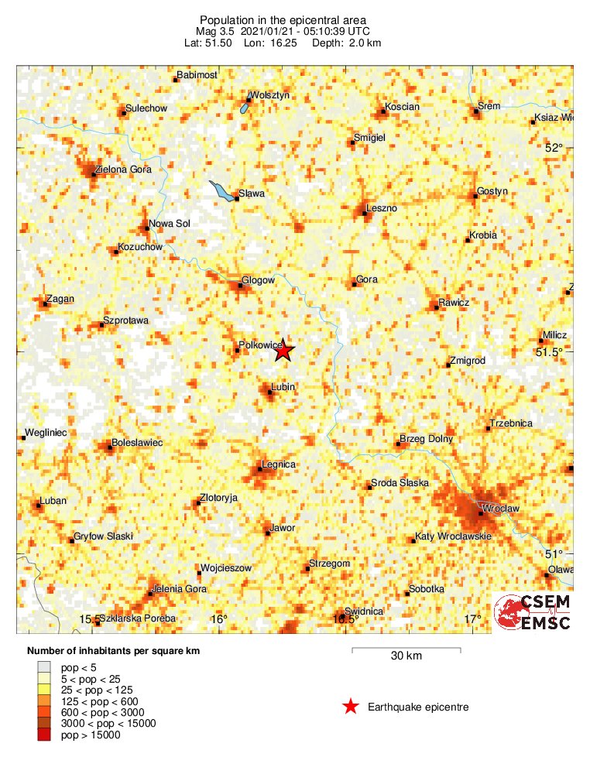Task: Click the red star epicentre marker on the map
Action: tap(284, 351)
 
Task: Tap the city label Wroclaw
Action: tap(500, 509)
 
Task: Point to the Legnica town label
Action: tap(279, 464)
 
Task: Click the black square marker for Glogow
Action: tap(240, 286)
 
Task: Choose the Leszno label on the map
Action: tap(382, 208)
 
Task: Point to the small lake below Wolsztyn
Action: tap(245, 108)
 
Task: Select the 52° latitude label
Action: tap(554, 148)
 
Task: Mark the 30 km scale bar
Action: tap(406, 649)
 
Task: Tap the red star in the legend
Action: tap(351, 706)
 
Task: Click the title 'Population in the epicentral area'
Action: tap(283, 19)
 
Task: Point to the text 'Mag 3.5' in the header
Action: tap(211, 31)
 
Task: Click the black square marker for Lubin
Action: tap(270, 392)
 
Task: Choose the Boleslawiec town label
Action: tap(137, 443)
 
